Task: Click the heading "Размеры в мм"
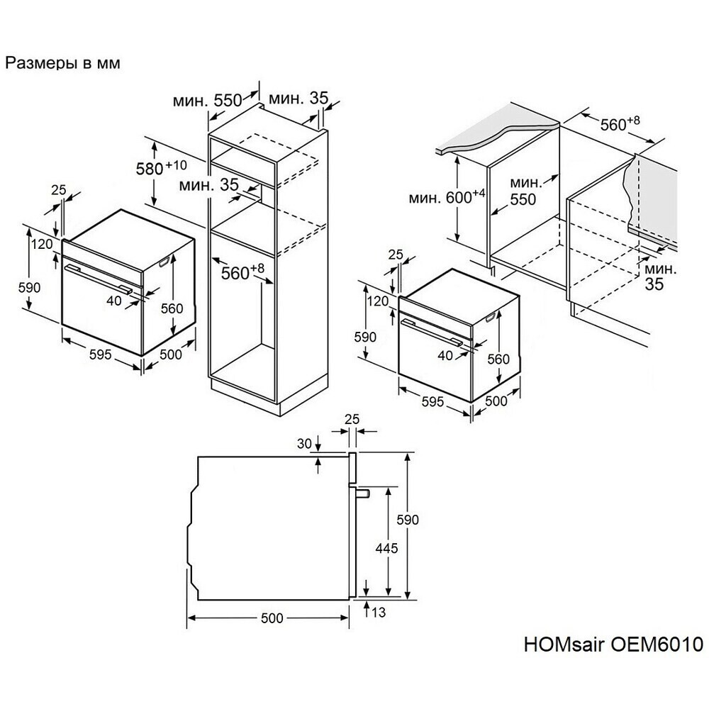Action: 63,63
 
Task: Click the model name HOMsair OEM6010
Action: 613,644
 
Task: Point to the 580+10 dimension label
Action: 162,168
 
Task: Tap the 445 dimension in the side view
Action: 386,548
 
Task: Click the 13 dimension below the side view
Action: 379,613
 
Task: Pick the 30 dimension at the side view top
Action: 304,444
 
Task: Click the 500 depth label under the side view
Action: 272,618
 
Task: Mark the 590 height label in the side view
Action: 408,520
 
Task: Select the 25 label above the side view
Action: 352,419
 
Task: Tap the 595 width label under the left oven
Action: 100,354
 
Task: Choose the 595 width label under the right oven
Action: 432,401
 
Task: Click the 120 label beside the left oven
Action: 42,244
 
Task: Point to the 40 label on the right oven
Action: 445,355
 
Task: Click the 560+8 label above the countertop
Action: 620,123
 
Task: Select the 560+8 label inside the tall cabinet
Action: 242,272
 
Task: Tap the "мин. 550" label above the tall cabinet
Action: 207,101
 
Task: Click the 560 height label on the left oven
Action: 172,308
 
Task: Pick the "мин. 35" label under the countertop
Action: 660,277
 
